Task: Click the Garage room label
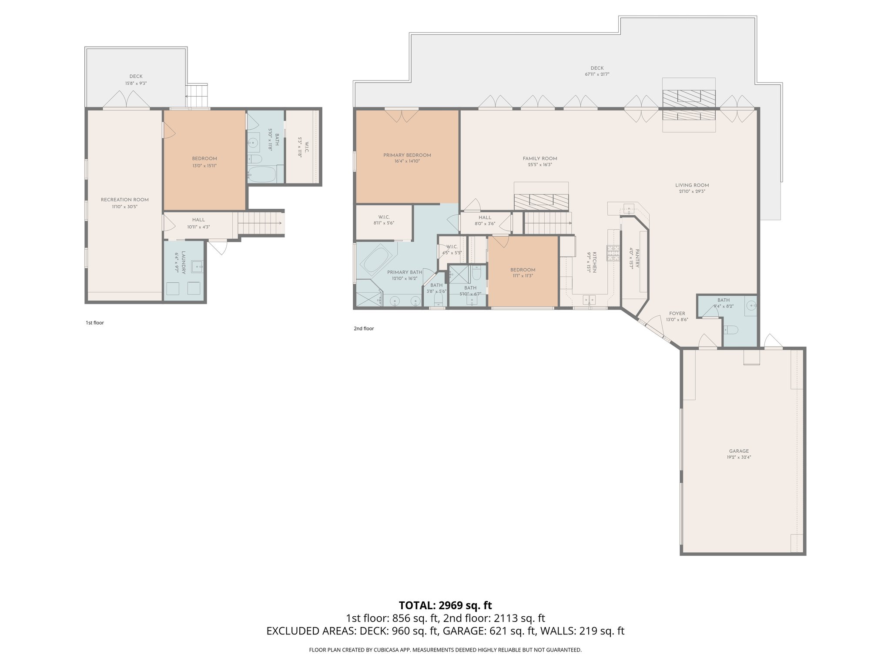(739, 451)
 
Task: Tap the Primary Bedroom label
(407, 155)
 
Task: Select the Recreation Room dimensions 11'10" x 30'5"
(124, 207)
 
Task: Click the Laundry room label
(184, 262)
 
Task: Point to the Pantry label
(637, 258)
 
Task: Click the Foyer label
(677, 314)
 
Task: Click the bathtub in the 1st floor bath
(262, 175)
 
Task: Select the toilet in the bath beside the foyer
(731, 330)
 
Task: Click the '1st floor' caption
(95, 323)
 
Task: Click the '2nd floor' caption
(364, 329)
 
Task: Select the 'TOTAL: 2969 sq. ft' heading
(445, 605)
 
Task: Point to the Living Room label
(692, 185)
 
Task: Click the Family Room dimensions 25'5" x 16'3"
(539, 165)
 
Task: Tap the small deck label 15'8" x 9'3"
(136, 83)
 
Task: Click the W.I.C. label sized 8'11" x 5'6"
(384, 217)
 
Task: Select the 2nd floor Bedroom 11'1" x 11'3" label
(523, 270)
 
